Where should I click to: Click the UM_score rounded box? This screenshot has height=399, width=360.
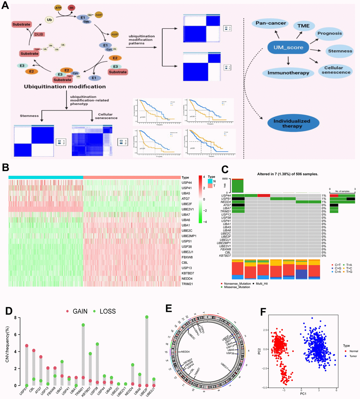point(288,47)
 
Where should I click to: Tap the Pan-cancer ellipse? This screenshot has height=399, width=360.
point(271,23)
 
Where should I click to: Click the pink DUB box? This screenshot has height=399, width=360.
point(39,34)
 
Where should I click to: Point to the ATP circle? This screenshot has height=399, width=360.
point(58,8)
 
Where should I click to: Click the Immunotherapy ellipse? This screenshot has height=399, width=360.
point(288,73)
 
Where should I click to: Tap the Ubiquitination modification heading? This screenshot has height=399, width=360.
point(65,87)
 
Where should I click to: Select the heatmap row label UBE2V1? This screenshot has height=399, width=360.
point(187,209)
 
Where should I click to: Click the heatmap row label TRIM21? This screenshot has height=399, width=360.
point(187,284)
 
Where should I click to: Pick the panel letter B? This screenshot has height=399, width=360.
point(5,167)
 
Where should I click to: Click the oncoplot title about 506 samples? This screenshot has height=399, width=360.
point(287,174)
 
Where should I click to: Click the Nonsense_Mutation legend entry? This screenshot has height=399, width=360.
point(237,284)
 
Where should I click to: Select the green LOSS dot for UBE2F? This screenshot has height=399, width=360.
point(147,317)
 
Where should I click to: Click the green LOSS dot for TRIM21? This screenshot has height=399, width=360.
point(83,325)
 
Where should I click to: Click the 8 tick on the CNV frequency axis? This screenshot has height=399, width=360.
point(15,317)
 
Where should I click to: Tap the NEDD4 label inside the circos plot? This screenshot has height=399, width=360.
point(185,352)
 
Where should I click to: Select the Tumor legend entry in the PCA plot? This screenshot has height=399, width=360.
point(353,356)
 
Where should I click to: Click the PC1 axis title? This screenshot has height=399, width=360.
point(303,393)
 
